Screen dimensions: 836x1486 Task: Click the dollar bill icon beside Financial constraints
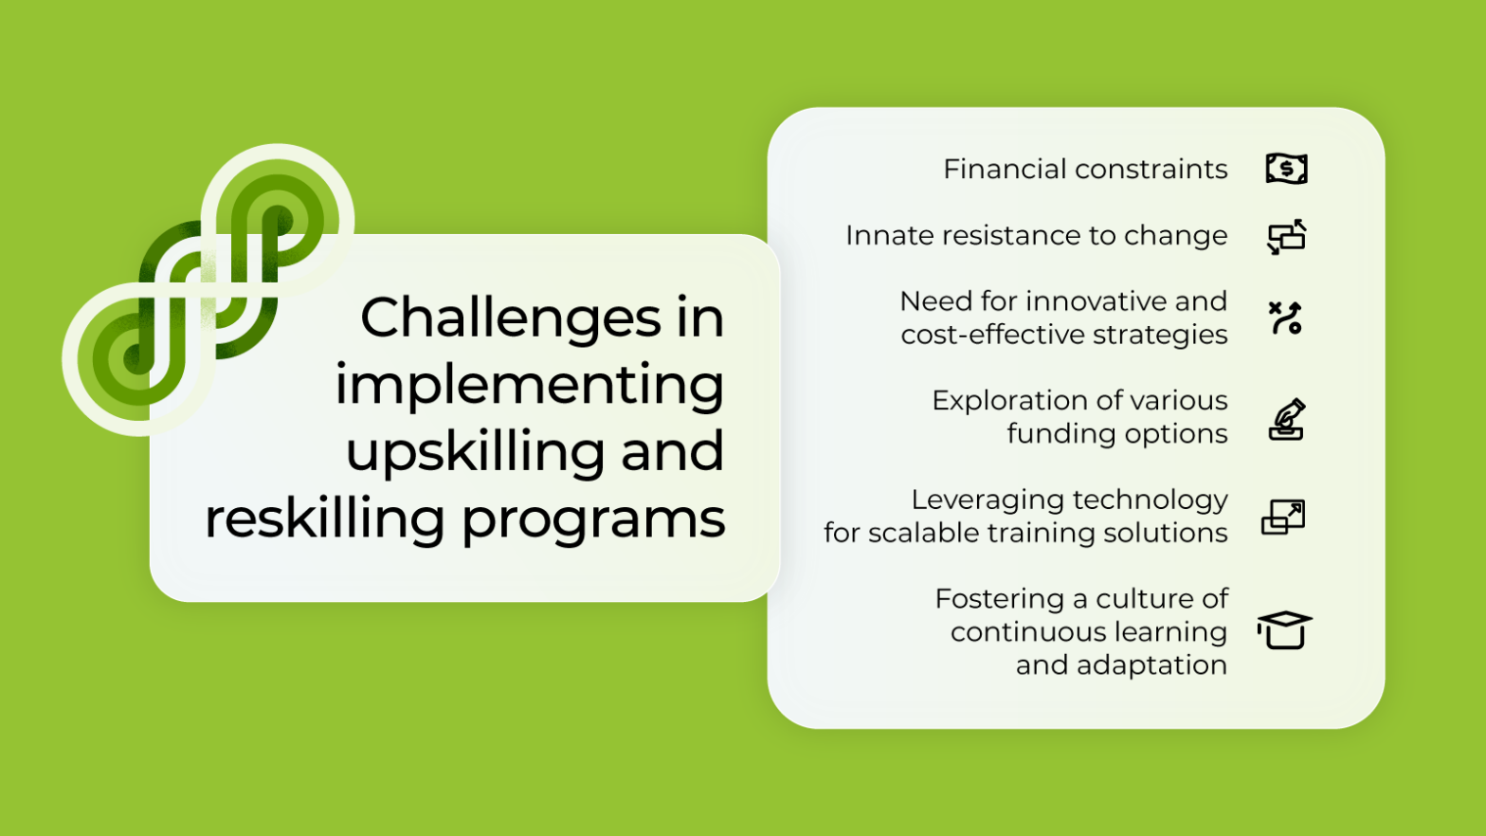pos(1286,169)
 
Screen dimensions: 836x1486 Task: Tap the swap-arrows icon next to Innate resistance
pos(1286,237)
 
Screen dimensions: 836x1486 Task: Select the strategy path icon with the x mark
pos(1285,318)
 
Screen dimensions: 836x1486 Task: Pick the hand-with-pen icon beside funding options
pos(1286,420)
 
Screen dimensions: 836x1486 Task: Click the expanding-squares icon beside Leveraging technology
pos(1283,518)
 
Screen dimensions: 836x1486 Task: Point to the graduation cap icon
pos(1284,630)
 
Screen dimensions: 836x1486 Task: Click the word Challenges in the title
pos(510,318)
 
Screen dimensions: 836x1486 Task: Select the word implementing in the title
pos(529,386)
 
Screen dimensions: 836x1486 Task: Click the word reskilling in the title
pos(324,518)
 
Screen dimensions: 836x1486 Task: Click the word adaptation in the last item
pos(1151,665)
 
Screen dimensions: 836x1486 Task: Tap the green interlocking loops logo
pos(208,289)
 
